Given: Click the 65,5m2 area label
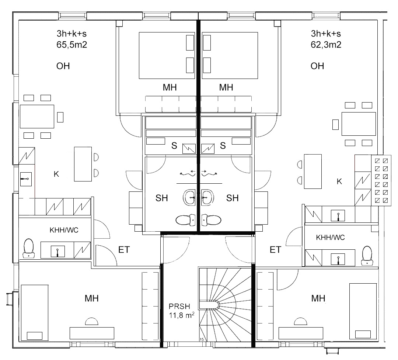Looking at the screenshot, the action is click(72, 45).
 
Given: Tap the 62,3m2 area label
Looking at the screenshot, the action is click(326, 45).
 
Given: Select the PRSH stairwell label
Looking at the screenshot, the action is click(179, 307).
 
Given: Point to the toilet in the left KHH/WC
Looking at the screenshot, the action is click(28, 248).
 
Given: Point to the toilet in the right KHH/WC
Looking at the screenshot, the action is click(367, 256).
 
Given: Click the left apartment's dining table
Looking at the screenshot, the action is click(37, 117).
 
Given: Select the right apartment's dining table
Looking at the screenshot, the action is click(359, 124).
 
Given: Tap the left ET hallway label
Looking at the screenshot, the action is click(124, 250).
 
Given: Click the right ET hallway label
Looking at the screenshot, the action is click(275, 250).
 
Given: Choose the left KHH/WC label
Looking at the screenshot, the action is click(64, 230).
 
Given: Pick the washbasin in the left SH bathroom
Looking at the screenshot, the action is click(189, 197).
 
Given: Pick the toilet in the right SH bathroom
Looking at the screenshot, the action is click(211, 220).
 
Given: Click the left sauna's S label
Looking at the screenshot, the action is click(174, 146).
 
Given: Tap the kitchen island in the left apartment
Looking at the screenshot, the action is click(83, 164).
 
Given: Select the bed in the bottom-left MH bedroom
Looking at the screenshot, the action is click(35, 313).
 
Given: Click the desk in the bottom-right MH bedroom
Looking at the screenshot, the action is click(301, 333).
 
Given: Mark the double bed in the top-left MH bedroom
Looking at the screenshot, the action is click(167, 55).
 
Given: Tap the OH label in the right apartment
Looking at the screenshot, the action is click(317, 66).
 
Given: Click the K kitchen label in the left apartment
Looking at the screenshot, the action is click(56, 174).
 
